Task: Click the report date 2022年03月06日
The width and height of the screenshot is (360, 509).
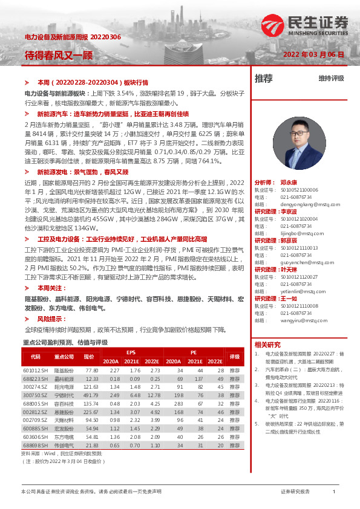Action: [314, 54]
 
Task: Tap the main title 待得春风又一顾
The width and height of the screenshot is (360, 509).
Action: [50, 54]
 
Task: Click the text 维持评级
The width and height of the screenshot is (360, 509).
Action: [331, 79]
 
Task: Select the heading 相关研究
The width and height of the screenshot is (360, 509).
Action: [266, 344]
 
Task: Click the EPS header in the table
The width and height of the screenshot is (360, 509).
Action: [131, 351]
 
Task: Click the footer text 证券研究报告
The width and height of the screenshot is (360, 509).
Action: [295, 492]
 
